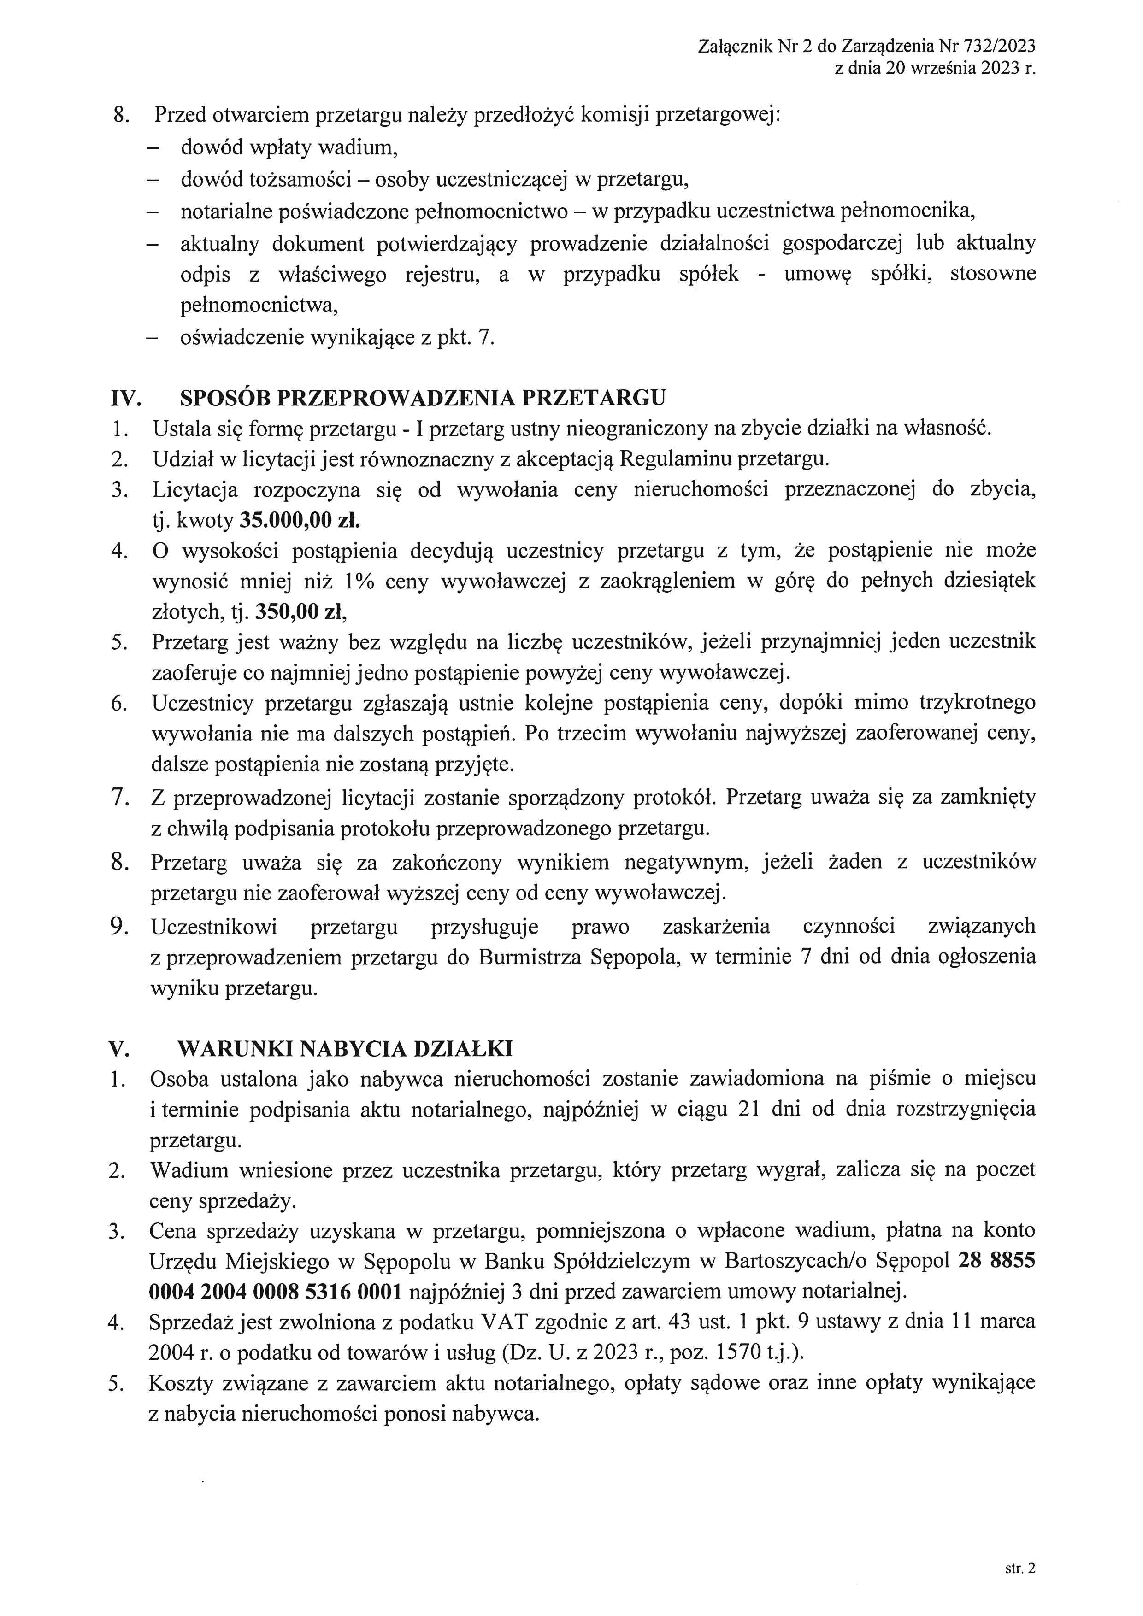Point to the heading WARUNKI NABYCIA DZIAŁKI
click(x=345, y=1049)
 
